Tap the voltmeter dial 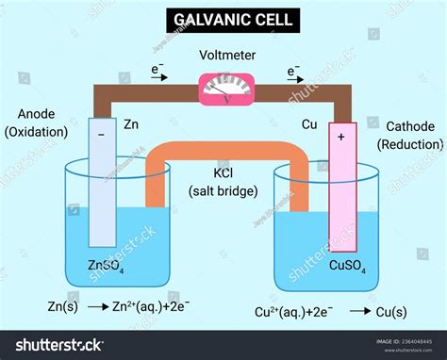click(x=223, y=90)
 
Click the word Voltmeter click(x=223, y=56)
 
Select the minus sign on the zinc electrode click(x=101, y=135)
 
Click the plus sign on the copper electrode click(x=340, y=137)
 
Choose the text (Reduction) click(x=409, y=144)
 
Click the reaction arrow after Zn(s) click(x=96, y=308)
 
